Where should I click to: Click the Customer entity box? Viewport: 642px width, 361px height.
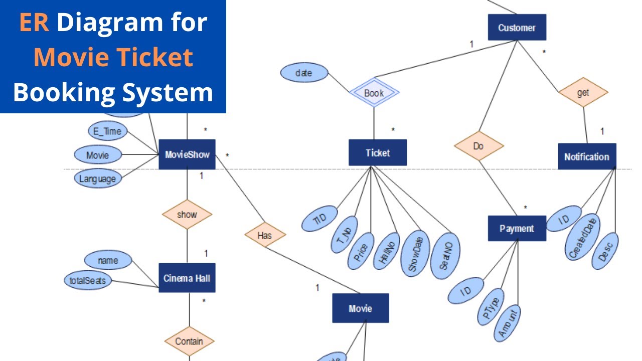517,28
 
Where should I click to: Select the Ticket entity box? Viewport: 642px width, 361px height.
378,152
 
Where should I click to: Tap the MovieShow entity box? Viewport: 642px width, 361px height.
187,154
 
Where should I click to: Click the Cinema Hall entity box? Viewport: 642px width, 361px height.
187,278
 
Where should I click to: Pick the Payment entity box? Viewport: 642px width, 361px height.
517,229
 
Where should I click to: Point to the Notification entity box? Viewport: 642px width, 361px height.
586,156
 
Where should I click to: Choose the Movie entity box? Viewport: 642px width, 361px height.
360,308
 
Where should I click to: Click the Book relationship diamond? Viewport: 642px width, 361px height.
374,93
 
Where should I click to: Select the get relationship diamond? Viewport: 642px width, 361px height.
583,92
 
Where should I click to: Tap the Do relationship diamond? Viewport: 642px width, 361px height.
478,146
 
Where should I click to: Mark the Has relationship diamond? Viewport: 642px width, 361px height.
265,235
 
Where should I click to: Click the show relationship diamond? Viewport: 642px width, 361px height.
187,215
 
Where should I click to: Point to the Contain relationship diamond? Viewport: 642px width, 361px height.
189,341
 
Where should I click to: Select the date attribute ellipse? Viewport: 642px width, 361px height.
304,73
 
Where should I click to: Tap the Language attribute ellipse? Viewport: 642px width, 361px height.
97,178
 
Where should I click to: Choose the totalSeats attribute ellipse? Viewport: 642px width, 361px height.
88,280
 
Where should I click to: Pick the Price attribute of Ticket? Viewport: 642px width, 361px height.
361,251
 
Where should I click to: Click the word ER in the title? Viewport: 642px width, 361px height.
34,23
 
